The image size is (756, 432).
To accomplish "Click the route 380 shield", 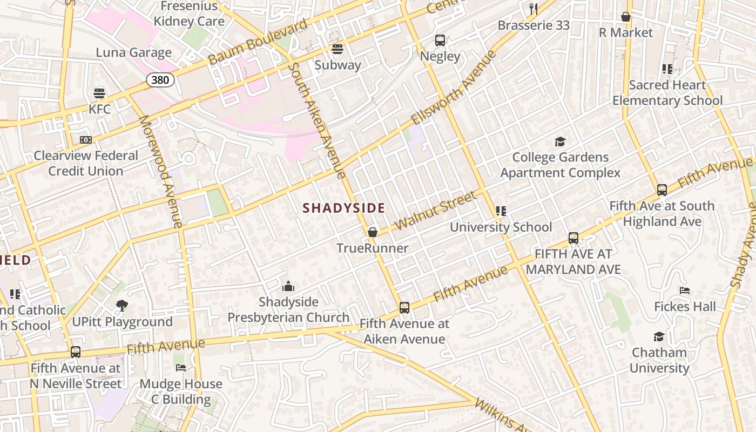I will point(160,80).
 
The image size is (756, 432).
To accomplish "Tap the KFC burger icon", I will point(99,93).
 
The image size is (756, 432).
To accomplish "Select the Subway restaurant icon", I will point(337,49).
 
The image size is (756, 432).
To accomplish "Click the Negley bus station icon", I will point(440,40).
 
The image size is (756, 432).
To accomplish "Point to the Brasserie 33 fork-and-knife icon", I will point(534,9).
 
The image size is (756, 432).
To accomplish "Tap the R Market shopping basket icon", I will point(626,17).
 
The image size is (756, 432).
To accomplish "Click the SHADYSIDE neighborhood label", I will point(344,208).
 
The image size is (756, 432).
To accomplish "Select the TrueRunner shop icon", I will point(372,233).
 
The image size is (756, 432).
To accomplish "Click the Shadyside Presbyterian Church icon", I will point(288,286).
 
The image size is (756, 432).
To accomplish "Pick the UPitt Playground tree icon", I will point(122,306).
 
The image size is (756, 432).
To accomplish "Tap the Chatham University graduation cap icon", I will point(659,337).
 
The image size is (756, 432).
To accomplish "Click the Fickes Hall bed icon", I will point(685,291).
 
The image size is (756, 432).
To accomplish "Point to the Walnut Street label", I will point(436,210).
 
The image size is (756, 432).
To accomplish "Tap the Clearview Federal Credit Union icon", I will point(86,140).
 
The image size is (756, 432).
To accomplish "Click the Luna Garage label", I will point(134,52).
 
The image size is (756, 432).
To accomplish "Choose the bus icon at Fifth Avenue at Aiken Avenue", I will point(404,308).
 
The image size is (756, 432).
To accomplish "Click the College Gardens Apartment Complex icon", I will point(560,141).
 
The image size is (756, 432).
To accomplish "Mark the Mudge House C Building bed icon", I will point(180,368).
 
